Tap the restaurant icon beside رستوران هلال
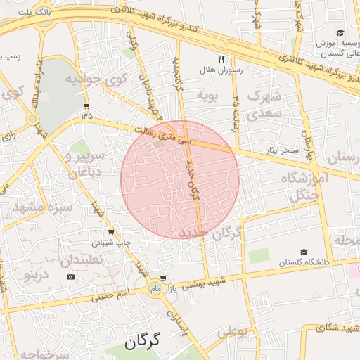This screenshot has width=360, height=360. pos(221,59)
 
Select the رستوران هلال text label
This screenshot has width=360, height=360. pos(241,70)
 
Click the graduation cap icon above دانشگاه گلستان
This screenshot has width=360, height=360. pos(304,252)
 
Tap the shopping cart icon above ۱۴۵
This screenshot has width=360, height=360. pos(86,105)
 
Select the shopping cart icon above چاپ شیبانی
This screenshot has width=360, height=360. pos(110,232)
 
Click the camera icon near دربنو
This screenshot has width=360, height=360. pos(70,277)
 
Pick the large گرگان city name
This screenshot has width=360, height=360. pos(143,342)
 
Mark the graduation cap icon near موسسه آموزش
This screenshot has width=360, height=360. pos(340,33)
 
